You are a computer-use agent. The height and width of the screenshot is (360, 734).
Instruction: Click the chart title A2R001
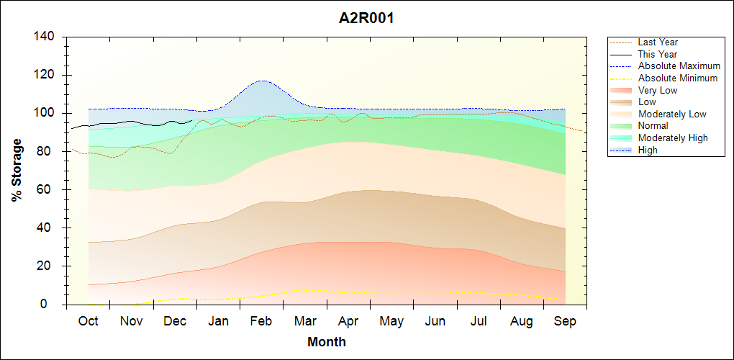[366, 18]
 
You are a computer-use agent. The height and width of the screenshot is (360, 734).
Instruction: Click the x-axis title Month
[326, 342]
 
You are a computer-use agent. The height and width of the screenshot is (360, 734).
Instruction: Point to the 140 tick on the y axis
[47, 37]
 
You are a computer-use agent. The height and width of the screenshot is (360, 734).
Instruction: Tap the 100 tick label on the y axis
[47, 113]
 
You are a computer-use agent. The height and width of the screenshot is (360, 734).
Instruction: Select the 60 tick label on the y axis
[50, 189]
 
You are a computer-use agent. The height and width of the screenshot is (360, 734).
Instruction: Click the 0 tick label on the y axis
[54, 305]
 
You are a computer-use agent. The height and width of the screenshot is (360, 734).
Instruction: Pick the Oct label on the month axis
[88, 321]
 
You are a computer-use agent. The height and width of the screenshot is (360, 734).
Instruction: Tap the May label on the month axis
[391, 321]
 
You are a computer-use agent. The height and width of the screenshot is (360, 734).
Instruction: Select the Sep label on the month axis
[565, 321]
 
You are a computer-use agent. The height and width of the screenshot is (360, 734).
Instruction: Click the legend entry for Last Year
[658, 42]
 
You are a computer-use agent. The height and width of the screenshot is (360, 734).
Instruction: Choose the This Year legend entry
[658, 54]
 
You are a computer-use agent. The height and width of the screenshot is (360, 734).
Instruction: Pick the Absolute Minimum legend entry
[678, 78]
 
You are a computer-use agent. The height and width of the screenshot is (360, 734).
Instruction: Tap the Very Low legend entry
[658, 90]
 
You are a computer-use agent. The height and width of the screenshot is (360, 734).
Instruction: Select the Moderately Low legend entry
[672, 114]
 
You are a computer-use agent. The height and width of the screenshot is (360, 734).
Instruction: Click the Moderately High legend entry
[673, 138]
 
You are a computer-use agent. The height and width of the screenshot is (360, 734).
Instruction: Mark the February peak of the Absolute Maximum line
[263, 81]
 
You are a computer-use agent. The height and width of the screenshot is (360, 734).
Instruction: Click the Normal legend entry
[653, 126]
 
